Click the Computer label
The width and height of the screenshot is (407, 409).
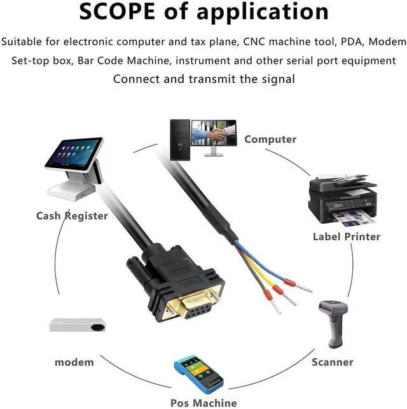[x=270, y=139]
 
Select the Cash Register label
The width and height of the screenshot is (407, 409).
[x=72, y=215]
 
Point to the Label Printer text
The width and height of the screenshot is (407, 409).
[x=346, y=236]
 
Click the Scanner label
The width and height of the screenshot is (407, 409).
[x=332, y=362]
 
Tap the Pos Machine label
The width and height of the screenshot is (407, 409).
[x=203, y=402]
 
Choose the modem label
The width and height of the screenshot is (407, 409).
[x=74, y=362]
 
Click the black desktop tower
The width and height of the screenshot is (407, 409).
[x=178, y=138]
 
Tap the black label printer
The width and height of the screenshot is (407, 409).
[x=341, y=199]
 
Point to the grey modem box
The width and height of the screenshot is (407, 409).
[x=76, y=324]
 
